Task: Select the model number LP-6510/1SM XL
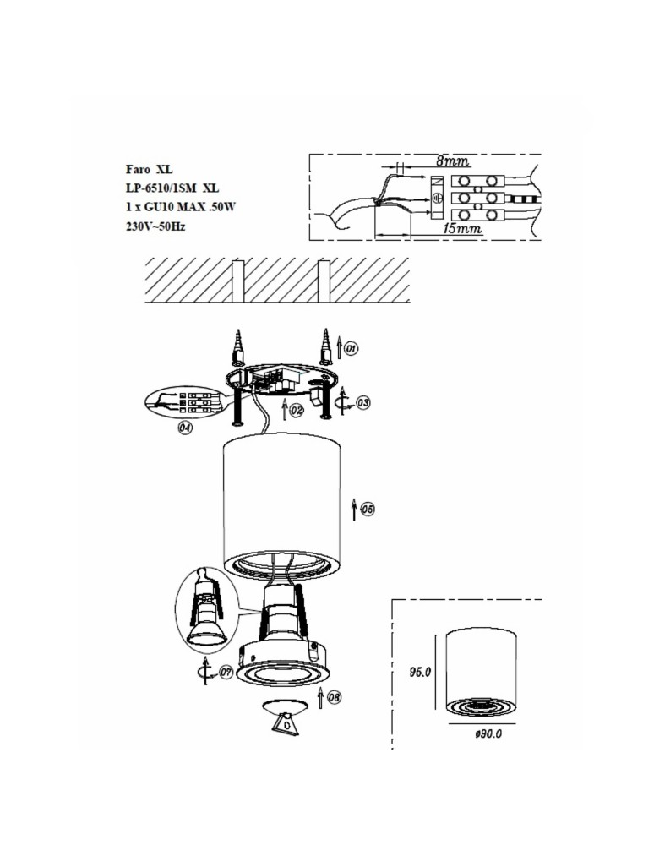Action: click(172, 188)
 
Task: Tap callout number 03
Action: click(362, 403)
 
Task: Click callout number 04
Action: click(184, 428)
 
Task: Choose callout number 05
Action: click(368, 510)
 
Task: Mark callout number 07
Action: click(226, 673)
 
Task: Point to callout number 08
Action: click(335, 698)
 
